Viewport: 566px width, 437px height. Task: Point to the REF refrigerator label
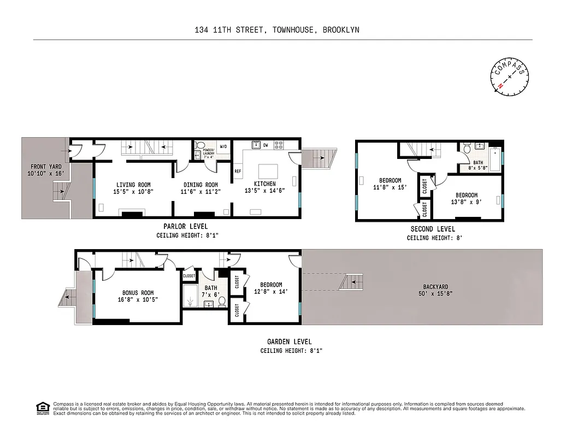coord(238,171)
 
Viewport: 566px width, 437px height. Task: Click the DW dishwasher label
coord(266,145)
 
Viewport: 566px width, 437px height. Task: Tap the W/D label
coord(223,146)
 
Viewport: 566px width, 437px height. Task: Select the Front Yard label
coord(46,169)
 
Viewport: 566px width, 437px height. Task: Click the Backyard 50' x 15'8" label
coord(435,290)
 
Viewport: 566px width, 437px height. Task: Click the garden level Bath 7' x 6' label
coord(211,291)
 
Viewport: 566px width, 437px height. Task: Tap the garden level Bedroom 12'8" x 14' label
coord(271,288)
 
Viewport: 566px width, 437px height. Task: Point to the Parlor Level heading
coord(185,226)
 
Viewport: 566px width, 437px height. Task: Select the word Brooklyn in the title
coord(341,30)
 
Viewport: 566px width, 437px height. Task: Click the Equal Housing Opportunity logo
coord(42,408)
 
